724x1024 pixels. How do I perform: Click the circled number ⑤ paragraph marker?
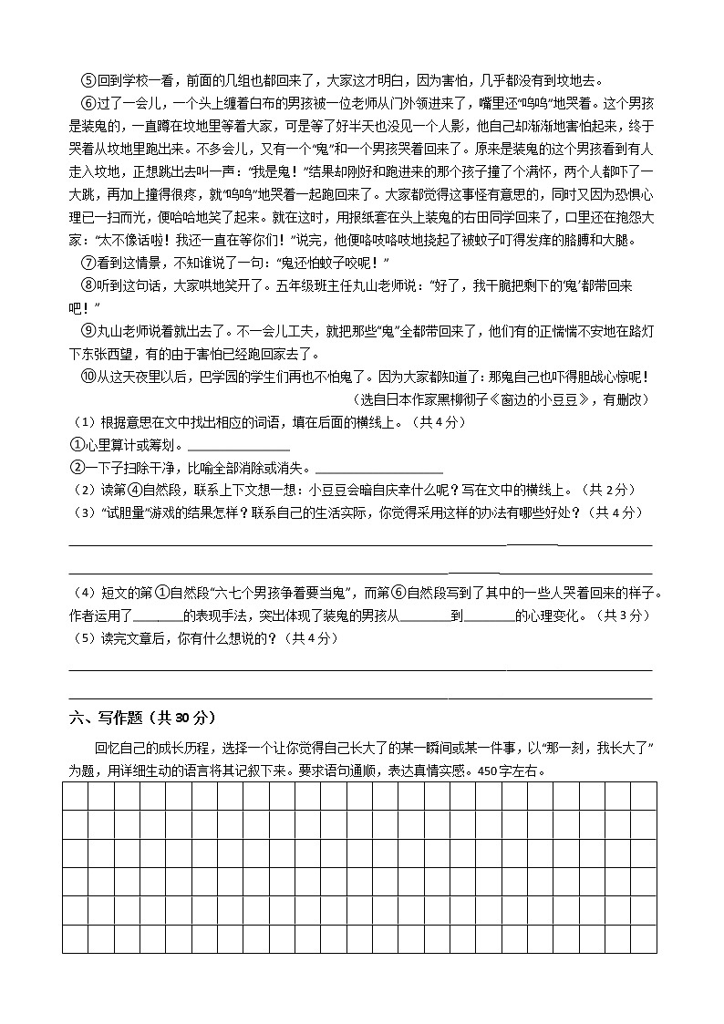[x=88, y=80]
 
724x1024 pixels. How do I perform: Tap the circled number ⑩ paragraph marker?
[x=88, y=377]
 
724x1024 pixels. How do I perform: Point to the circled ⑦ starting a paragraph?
[x=88, y=263]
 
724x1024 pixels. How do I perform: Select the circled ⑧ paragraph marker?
[x=88, y=285]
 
